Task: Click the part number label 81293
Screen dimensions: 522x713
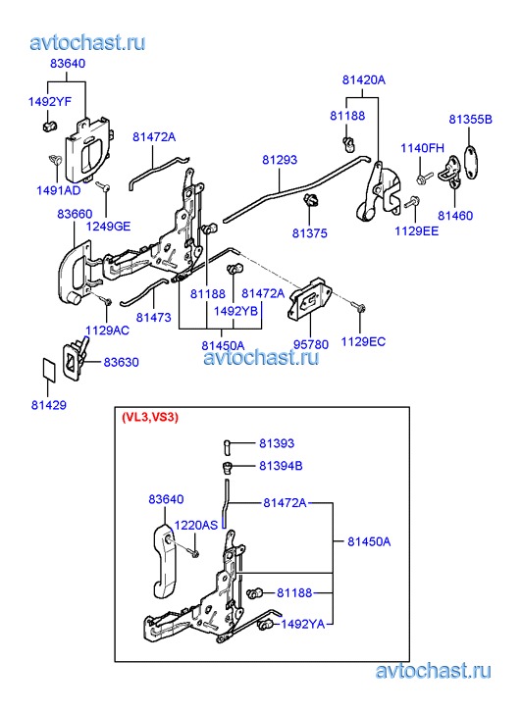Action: coord(280,160)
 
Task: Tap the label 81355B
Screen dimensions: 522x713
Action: coord(471,120)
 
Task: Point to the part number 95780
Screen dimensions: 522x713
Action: coord(311,344)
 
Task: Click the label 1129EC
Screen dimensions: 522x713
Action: coord(363,342)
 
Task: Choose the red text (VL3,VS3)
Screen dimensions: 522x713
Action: coord(150,418)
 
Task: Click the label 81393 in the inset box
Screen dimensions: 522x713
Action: coord(277,443)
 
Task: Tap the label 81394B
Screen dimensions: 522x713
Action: coord(281,466)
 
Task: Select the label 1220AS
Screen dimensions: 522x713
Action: coord(196,526)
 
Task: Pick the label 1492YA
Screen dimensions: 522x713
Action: coord(302,625)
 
